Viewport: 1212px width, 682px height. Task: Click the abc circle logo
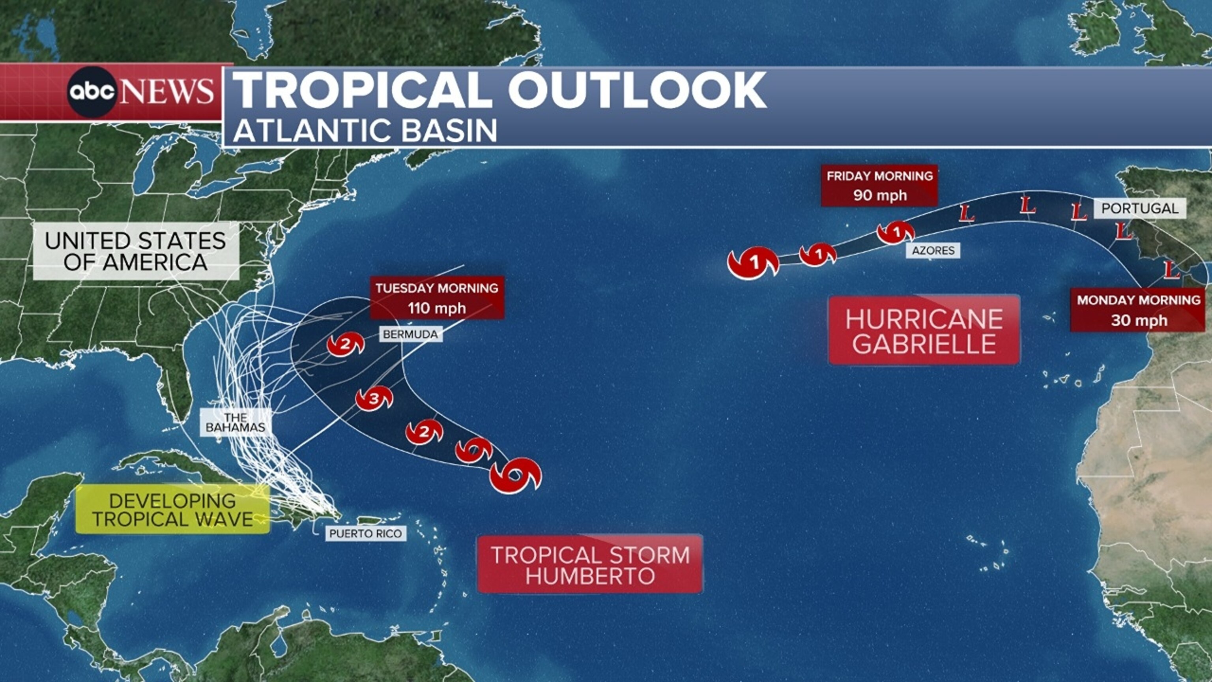pos(92,92)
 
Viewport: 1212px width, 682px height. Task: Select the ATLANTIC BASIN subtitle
pos(365,130)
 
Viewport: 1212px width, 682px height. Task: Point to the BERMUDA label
pos(410,334)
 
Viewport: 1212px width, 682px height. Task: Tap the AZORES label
pos(933,250)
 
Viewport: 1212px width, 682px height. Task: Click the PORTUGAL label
pos(1139,208)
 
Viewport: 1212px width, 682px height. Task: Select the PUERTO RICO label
pos(366,533)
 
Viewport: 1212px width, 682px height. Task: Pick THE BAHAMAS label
pos(235,422)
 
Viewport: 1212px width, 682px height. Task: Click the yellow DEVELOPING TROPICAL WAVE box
pos(173,510)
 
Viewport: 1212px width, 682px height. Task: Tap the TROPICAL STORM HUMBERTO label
pos(590,564)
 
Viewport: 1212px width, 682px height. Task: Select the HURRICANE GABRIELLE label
pos(924,331)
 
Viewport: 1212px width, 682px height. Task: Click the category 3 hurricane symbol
pos(374,399)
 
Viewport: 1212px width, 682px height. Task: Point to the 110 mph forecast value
pos(437,308)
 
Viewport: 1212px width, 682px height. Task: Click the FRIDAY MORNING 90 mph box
pos(879,185)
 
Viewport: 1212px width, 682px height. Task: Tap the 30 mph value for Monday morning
pos(1139,320)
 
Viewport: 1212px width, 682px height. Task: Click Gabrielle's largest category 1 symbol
pos(753,263)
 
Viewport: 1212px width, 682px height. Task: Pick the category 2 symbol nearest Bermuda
pos(345,345)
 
